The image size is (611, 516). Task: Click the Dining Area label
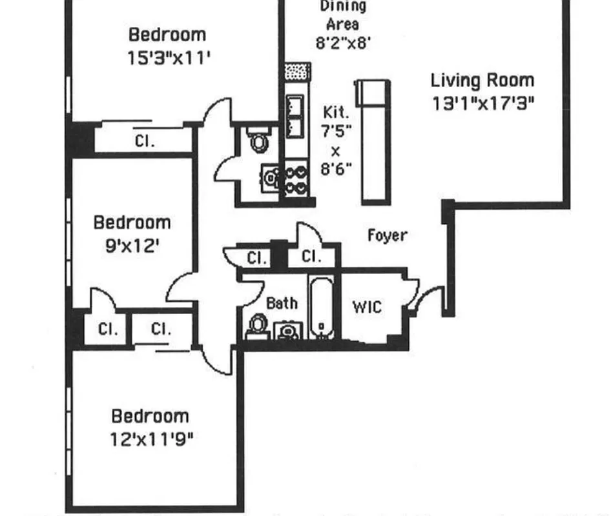(x=342, y=15)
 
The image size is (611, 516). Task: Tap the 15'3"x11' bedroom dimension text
(x=169, y=58)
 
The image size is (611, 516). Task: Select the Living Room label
(x=482, y=81)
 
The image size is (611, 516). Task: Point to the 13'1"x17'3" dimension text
(x=483, y=103)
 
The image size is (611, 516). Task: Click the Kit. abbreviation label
(x=336, y=112)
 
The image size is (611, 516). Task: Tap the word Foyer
(x=388, y=235)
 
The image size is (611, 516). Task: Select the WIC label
(x=366, y=306)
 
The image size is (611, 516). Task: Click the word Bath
(x=282, y=303)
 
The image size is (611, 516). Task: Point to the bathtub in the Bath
(x=322, y=306)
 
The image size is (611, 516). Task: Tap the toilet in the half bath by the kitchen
(x=259, y=140)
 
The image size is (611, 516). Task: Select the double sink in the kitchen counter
(x=295, y=116)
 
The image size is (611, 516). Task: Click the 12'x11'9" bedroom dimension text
(x=152, y=439)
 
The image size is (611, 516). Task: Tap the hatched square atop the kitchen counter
(x=297, y=70)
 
